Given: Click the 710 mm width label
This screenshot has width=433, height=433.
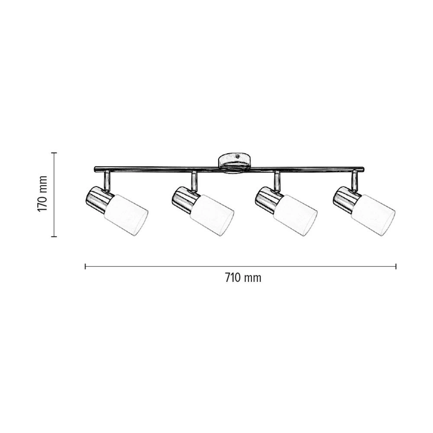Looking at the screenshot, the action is point(243,278).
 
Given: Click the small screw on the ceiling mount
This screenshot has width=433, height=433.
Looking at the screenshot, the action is point(238,156).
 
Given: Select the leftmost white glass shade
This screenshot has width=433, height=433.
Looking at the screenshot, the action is point(126,215).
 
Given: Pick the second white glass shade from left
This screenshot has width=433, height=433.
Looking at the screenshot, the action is point(212,215).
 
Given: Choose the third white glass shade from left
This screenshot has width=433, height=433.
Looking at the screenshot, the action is point(295,215).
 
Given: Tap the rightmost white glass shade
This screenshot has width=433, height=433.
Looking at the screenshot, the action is point(373,215).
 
